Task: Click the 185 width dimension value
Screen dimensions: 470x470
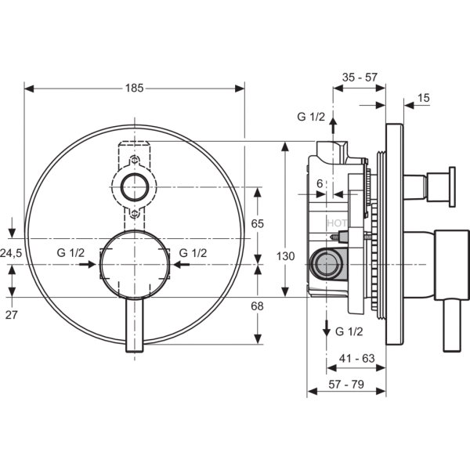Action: [x=134, y=88]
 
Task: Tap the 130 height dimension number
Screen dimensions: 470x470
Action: [x=285, y=256]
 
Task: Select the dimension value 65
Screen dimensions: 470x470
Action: [x=257, y=223]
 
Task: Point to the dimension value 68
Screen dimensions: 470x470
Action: [x=257, y=306]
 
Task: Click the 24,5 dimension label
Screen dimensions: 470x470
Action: [x=11, y=253]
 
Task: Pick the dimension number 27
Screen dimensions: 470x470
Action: [x=12, y=315]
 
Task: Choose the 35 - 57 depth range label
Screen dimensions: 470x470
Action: [x=360, y=78]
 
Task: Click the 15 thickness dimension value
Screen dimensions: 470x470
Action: [x=424, y=98]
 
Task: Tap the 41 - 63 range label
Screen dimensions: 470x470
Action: [x=357, y=358]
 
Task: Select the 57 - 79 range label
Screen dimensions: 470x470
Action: [x=346, y=384]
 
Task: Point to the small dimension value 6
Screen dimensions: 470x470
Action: [x=320, y=183]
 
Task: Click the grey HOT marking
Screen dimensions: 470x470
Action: [x=337, y=223]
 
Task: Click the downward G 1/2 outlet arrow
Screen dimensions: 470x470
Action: [x=327, y=329]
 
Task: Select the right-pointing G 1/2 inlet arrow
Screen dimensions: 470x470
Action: [x=88, y=265]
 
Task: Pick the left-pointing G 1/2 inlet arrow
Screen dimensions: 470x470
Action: [x=182, y=265]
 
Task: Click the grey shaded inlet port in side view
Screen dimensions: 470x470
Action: [x=326, y=265]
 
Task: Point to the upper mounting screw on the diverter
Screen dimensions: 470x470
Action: [x=135, y=161]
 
